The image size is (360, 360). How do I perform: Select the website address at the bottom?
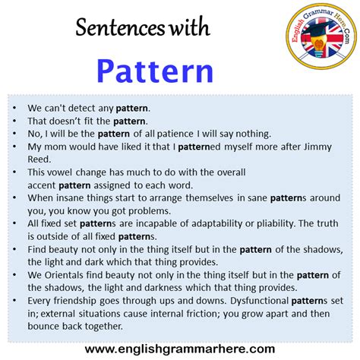pos(179,349)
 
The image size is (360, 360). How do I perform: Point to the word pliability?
pos(284,223)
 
